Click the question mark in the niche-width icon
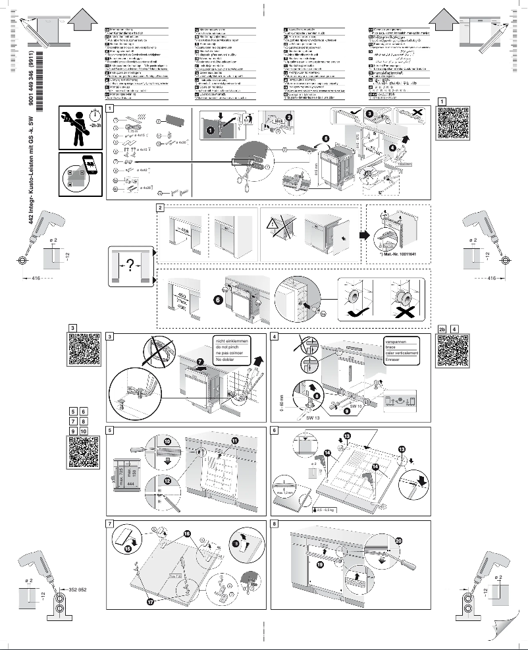tap(130, 265)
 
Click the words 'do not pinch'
tap(224, 348)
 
